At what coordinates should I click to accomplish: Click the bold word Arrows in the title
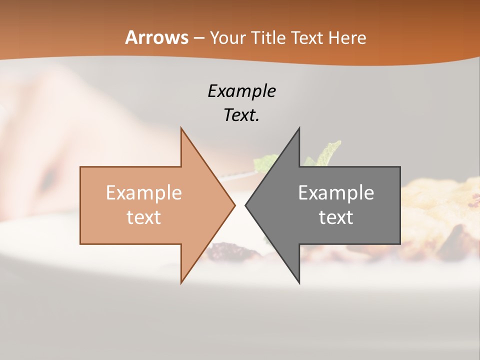pyautogui.click(x=157, y=37)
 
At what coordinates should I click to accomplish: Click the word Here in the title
pyautogui.click(x=347, y=38)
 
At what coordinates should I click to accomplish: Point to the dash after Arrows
pyautogui.click(x=198, y=38)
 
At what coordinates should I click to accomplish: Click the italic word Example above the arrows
pyautogui.click(x=241, y=91)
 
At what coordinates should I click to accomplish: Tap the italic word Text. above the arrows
pyautogui.click(x=241, y=115)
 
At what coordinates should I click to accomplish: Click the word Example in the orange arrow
pyautogui.click(x=143, y=193)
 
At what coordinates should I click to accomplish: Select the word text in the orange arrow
pyautogui.click(x=143, y=217)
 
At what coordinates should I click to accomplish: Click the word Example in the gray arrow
pyautogui.click(x=336, y=193)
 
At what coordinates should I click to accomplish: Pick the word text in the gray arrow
pyautogui.click(x=336, y=217)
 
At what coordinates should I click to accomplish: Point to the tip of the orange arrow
pyautogui.click(x=234, y=205)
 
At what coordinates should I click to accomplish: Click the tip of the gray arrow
pyautogui.click(x=246, y=205)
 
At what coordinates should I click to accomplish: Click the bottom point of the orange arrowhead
pyautogui.click(x=181, y=282)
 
